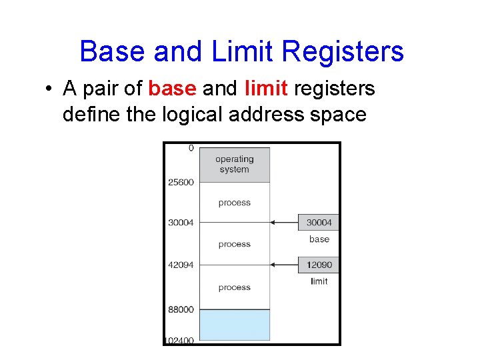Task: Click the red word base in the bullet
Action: [171, 89]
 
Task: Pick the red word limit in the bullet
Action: [265, 89]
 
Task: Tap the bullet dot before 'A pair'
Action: [50, 89]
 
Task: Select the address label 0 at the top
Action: [191, 148]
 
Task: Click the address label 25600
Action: [181, 183]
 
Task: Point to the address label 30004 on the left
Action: [181, 223]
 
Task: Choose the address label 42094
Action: [181, 265]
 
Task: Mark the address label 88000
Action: [181, 309]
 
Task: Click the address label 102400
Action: [179, 340]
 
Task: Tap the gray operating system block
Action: [235, 165]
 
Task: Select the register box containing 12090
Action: [319, 265]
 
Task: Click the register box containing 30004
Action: [319, 223]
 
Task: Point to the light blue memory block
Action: [235, 325]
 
